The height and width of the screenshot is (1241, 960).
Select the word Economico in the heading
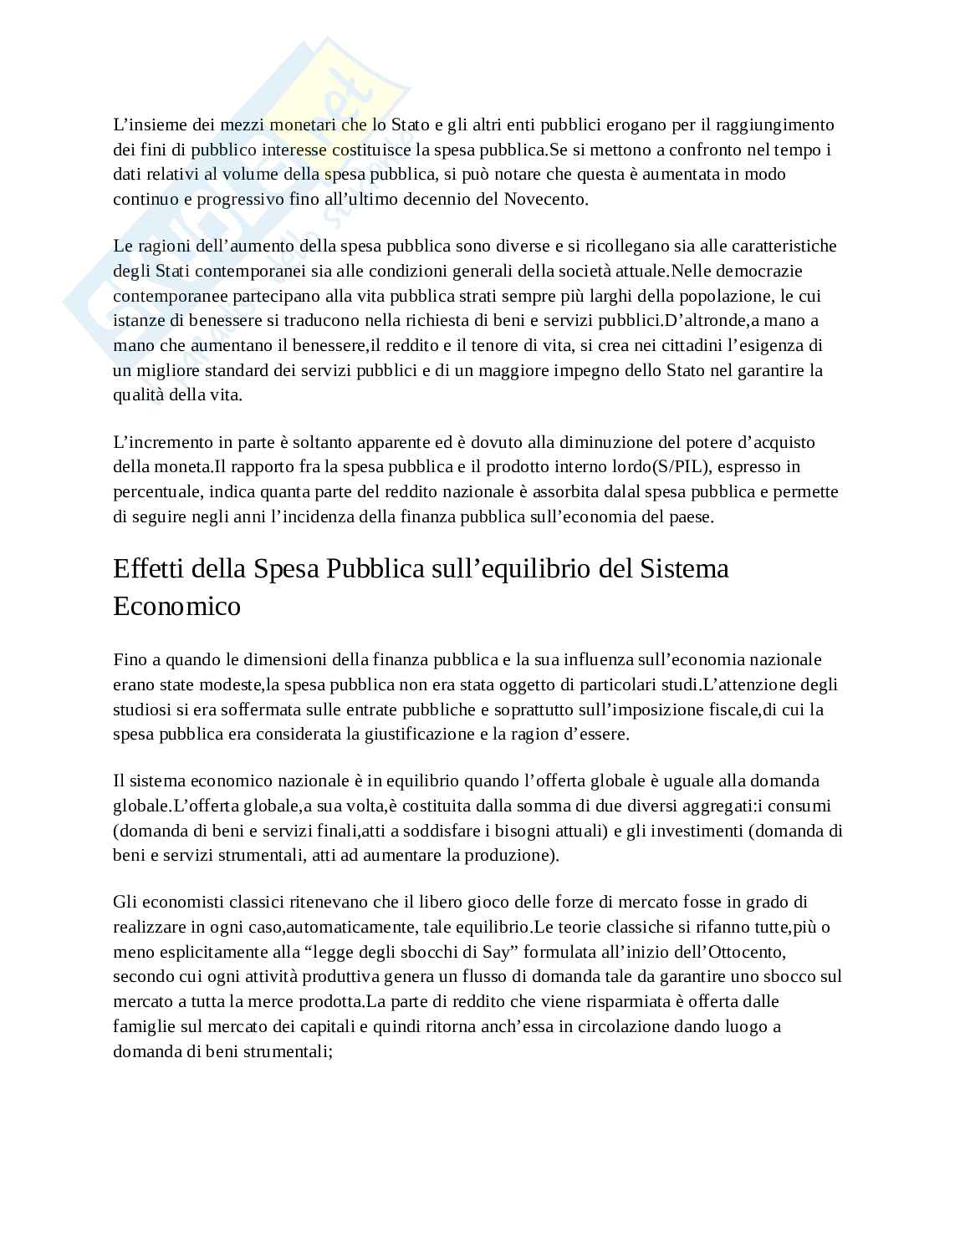point(176,605)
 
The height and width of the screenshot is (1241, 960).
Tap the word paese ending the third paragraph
point(691,516)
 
